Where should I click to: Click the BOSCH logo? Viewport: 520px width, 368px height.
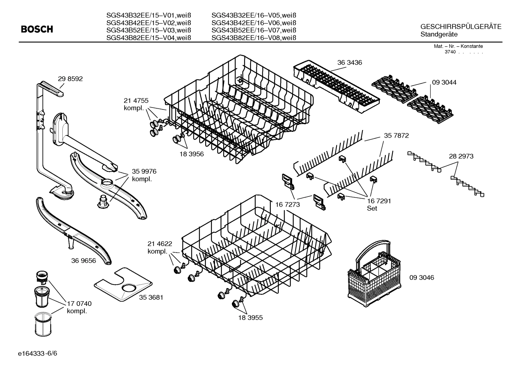point(37,29)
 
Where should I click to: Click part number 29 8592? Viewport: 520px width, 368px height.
point(70,79)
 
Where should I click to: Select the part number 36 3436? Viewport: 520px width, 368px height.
point(349,62)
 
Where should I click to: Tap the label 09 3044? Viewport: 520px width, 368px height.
point(444,82)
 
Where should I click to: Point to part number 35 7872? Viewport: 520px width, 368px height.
point(396,136)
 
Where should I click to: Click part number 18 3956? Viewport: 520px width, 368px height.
point(191,154)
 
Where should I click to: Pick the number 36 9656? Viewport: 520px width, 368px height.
point(84,260)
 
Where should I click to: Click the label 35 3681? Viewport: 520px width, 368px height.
point(151,297)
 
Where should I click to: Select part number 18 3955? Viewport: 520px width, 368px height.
point(250,317)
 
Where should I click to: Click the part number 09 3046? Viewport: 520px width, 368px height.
point(422,277)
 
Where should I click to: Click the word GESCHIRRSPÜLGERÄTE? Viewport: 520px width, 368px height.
point(460,27)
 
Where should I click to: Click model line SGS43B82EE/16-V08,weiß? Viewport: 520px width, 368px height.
point(254,38)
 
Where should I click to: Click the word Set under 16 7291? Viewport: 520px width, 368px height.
point(372,208)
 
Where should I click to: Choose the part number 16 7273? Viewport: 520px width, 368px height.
point(287,205)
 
